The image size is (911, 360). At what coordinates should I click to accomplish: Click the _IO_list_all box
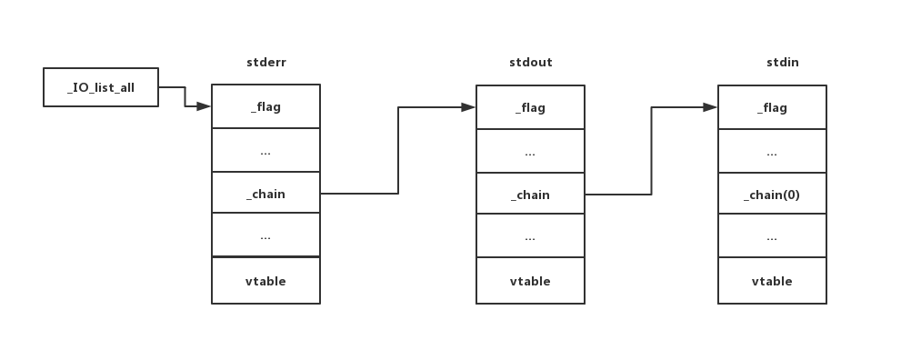(101, 87)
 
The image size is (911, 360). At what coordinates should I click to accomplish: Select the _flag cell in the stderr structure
(265, 107)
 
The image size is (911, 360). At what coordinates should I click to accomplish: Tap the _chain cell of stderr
(265, 195)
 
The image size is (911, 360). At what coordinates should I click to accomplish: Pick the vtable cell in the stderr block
(265, 281)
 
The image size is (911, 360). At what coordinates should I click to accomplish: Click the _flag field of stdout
(530, 107)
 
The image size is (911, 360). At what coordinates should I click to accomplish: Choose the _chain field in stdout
(530, 195)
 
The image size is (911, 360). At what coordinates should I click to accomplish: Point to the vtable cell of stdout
(530, 281)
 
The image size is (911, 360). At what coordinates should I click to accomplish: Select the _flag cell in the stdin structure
(772, 107)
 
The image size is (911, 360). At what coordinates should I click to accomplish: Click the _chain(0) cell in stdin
(772, 195)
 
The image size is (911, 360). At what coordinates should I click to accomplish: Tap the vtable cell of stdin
(772, 281)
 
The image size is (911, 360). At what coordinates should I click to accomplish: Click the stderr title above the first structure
(265, 63)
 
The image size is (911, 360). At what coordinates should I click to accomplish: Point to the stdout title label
(530, 63)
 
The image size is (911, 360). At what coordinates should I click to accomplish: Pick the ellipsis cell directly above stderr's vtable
(265, 236)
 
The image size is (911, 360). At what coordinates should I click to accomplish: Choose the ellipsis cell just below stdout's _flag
(530, 151)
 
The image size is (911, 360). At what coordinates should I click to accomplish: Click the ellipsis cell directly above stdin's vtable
(772, 236)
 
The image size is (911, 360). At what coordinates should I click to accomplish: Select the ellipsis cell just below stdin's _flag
(772, 151)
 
